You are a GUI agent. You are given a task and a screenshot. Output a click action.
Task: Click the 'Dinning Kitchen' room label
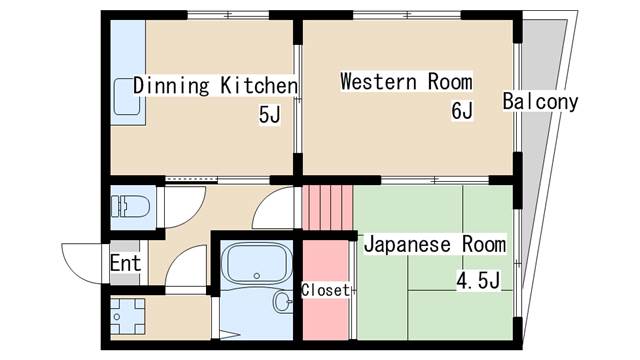pos(215,85)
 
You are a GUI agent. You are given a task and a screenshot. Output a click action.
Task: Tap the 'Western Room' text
pos(405,81)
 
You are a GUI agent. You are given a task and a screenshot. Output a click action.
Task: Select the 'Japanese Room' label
pos(434,244)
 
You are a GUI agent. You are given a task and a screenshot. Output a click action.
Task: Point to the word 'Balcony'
pos(541,102)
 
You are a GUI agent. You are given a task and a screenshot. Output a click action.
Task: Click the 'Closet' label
pos(326,291)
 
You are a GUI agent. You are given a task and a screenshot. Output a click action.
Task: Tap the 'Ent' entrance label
pos(125,264)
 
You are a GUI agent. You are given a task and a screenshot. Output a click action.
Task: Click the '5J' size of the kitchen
pos(270,115)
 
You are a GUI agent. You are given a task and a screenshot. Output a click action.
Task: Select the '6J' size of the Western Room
pos(461,110)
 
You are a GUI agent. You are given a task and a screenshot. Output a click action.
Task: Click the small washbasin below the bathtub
pos(281,301)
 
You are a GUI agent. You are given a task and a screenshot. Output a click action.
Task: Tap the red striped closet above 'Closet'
pos(328,209)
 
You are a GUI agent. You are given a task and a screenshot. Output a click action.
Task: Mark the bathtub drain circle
pos(257,276)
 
